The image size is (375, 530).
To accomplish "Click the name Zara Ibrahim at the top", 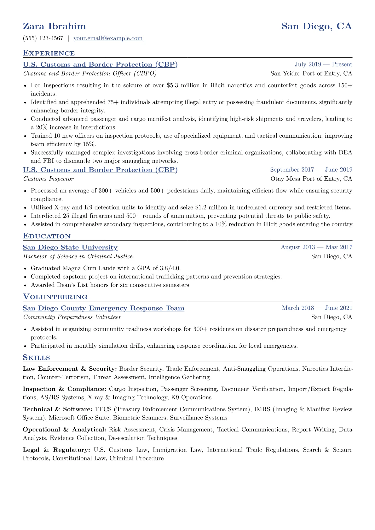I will (54, 26).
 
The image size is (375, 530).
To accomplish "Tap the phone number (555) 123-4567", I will (43, 38).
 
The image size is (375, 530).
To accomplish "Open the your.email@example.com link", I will (108, 38).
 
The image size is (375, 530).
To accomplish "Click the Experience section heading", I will (49, 53).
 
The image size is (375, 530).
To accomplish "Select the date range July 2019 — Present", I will (323, 65).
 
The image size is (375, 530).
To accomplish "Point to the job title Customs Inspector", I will (48, 179).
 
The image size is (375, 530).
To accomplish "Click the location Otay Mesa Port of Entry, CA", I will (311, 179).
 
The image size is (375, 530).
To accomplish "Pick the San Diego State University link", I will (70, 248).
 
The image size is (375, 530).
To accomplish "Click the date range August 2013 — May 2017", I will (316, 248).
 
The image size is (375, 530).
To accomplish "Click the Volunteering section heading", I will (55, 297).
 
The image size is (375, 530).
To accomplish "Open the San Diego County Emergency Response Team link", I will (103, 308).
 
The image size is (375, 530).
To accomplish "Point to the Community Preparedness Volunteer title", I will (72, 317).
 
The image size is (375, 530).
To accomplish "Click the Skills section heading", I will (37, 358).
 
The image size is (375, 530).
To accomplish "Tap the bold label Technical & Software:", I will (57, 409).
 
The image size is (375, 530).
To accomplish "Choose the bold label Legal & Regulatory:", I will (56, 450).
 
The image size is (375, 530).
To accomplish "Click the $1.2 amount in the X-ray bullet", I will (200, 208).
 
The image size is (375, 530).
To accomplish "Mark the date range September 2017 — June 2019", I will (311, 170).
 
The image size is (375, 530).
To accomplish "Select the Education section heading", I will (47, 236).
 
